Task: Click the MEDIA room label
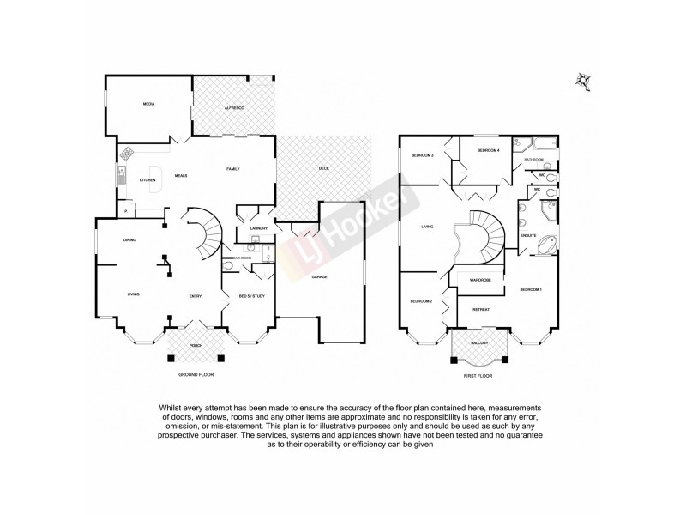(x=148, y=104)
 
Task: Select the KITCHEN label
(x=147, y=179)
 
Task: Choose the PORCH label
(x=196, y=348)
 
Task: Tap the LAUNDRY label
(x=260, y=228)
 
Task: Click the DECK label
(x=323, y=169)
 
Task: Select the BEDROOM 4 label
(x=488, y=150)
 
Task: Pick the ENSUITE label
(x=528, y=234)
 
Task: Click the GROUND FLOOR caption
(x=196, y=375)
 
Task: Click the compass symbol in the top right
(x=585, y=80)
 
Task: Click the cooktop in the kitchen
(x=127, y=155)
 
